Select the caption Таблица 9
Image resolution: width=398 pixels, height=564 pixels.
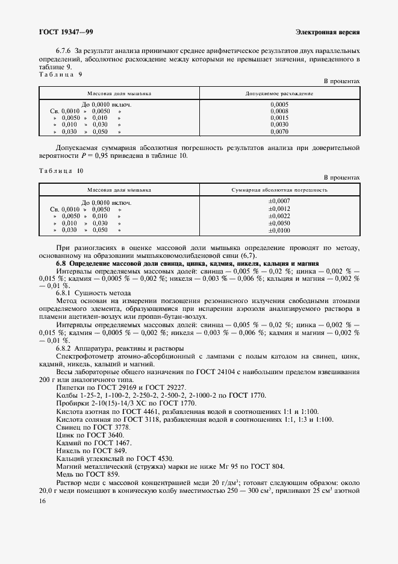click(60, 74)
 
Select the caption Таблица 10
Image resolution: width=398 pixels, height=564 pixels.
click(61, 171)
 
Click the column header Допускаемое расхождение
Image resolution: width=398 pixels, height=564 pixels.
click(279, 93)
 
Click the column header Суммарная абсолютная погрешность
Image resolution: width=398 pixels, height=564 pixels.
click(279, 190)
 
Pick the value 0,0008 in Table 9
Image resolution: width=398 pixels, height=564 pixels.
click(279, 111)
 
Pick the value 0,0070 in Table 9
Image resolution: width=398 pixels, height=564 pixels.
click(279, 131)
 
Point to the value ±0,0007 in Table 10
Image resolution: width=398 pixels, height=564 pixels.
click(279, 201)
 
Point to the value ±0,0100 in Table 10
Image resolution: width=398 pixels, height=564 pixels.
click(279, 230)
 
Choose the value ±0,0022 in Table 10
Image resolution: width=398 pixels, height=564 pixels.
click(279, 216)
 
